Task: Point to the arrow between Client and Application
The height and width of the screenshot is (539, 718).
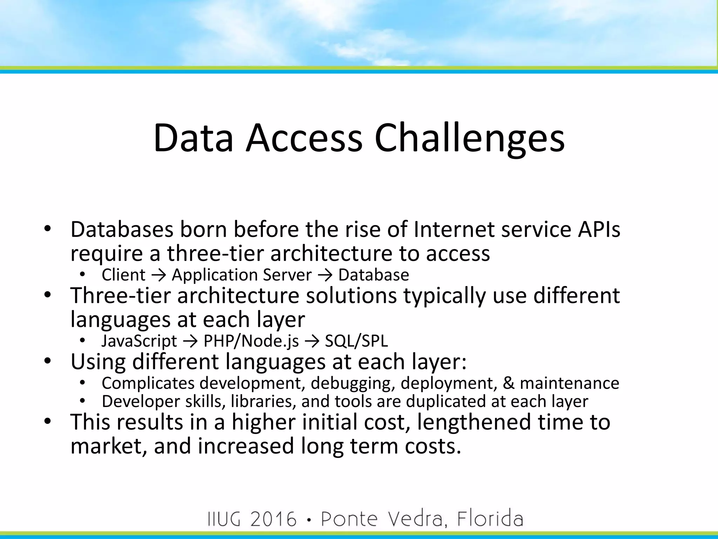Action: click(158, 275)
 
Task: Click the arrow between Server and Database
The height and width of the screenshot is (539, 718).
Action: click(325, 275)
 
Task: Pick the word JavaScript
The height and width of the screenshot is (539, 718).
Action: click(139, 341)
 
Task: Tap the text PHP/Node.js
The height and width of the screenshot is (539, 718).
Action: click(251, 341)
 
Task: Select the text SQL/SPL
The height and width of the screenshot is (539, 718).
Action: click(356, 341)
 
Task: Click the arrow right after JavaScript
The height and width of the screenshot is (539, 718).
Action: click(190, 341)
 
